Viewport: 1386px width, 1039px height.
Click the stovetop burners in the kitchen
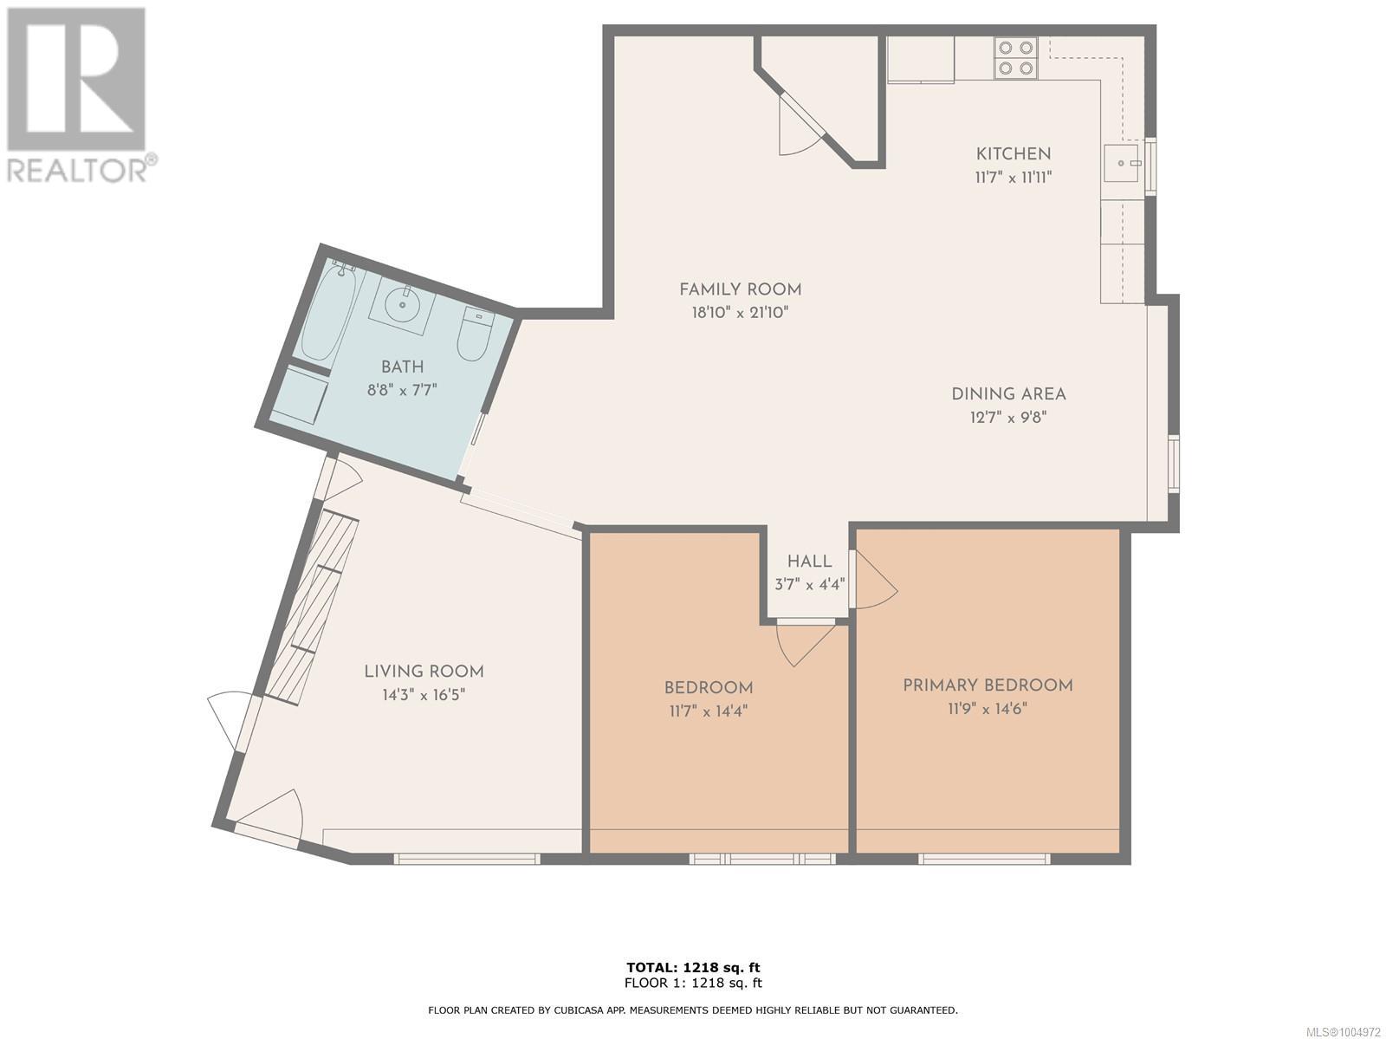[1015, 58]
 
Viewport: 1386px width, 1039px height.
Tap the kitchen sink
[1123, 163]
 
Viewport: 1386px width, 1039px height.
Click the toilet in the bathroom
[475, 335]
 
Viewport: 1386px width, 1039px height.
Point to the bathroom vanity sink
[403, 303]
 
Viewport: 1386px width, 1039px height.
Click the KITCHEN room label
[1013, 154]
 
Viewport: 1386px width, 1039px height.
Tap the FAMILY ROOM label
[740, 289]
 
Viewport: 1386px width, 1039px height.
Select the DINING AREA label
[1008, 393]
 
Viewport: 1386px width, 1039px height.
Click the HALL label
[809, 562]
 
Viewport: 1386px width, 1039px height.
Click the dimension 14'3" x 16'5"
[424, 695]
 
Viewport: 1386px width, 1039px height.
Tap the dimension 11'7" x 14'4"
[708, 711]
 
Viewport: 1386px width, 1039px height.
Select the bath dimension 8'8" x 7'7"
[402, 390]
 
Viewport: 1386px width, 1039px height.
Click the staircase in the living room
[311, 607]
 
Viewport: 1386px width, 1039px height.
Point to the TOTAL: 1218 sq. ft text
[693, 967]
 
